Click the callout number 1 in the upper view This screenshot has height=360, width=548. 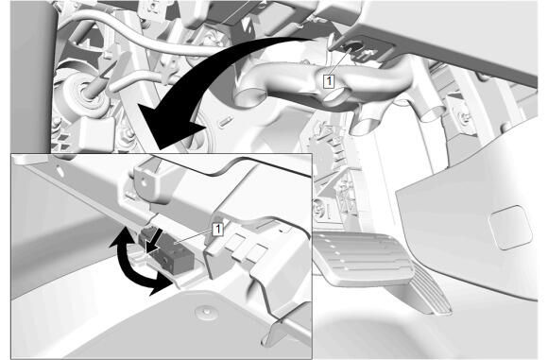[329, 81]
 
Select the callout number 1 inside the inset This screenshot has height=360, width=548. [217, 230]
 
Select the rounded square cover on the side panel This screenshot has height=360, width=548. [510, 227]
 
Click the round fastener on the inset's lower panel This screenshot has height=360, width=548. [207, 311]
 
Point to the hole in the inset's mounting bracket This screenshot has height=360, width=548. [144, 181]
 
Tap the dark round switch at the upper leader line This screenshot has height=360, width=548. [353, 48]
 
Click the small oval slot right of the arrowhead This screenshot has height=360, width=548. [226, 121]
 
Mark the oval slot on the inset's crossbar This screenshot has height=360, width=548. [60, 171]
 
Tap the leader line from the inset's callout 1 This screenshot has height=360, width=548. [194, 237]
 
